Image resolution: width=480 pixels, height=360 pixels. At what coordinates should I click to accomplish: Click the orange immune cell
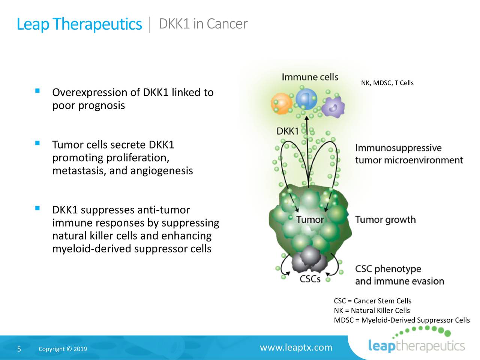pos(281,103)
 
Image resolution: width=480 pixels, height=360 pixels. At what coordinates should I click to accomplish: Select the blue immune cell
pos(306,99)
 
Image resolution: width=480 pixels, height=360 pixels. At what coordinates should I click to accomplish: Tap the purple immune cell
pos(333,107)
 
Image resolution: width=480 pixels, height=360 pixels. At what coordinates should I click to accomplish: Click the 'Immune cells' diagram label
pos(310,77)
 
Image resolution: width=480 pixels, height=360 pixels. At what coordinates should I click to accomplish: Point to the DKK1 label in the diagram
pos(287,131)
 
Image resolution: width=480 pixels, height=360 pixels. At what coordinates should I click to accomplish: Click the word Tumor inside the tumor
pos(310,219)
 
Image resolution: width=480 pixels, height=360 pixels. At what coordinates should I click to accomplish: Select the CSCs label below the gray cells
pos(310,279)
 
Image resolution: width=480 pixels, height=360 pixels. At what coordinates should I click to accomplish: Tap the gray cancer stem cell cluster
pos(309,259)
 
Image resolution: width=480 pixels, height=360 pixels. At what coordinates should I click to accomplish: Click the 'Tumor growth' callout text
pos(385,220)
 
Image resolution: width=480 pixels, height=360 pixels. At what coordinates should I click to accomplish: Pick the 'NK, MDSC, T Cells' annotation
pos(387,83)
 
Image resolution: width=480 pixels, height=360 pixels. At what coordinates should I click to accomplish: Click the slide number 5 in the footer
pos(19,349)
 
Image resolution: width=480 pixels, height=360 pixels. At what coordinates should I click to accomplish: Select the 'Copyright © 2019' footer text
pos(63,349)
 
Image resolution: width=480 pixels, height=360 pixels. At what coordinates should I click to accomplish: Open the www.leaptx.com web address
pos(296,347)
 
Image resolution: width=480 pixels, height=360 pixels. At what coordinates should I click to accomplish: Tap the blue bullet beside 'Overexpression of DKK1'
pos(37,91)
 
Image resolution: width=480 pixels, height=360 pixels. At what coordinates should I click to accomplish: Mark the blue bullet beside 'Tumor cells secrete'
pos(37,143)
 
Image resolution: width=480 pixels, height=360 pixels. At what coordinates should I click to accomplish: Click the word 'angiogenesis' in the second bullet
pos(162,171)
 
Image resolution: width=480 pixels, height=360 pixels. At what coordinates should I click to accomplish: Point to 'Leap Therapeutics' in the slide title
pos(79,24)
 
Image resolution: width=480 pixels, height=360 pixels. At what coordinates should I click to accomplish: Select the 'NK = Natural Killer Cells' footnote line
pos(372,310)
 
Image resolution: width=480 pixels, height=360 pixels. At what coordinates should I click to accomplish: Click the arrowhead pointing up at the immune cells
pos(307,118)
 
